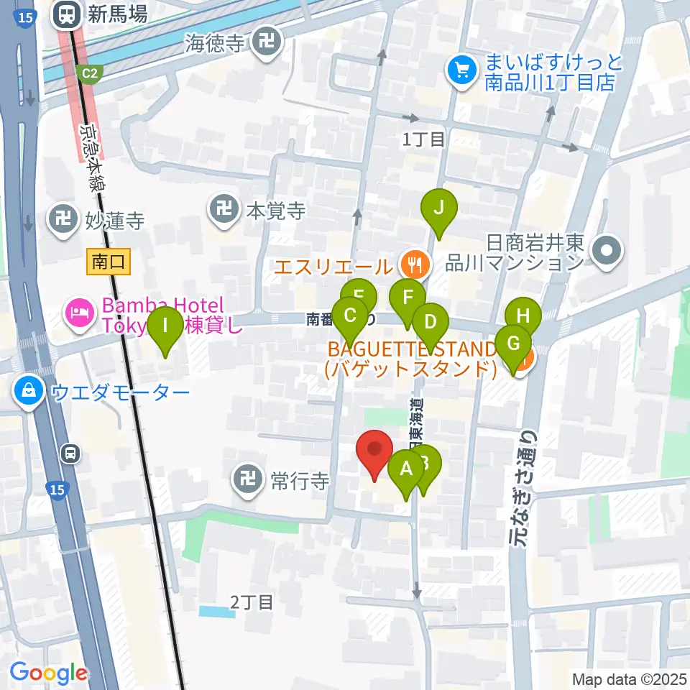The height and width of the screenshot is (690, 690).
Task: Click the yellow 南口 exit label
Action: click(x=109, y=262)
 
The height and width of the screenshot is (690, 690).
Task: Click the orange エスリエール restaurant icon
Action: click(x=415, y=264)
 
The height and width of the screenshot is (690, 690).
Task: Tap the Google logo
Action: click(x=48, y=673)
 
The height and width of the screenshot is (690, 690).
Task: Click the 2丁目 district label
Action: click(x=252, y=602)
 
